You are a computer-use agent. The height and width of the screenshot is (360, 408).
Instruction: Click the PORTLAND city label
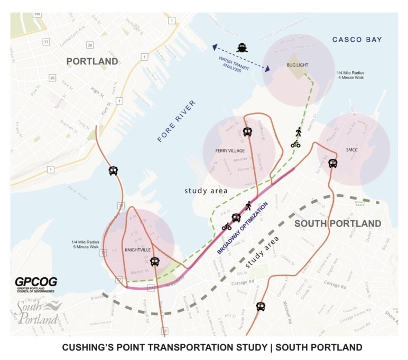tap(92, 62)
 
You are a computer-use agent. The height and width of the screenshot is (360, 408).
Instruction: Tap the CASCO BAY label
tap(357, 40)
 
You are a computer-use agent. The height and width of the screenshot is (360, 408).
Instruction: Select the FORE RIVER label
tap(177, 121)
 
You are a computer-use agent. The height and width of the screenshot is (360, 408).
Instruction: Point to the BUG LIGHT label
tap(297, 65)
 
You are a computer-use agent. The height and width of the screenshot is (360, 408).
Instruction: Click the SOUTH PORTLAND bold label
tap(337, 223)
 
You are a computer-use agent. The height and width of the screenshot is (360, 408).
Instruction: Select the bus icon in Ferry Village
tap(247, 132)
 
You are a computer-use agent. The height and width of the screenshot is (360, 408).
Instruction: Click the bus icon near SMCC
tap(332, 164)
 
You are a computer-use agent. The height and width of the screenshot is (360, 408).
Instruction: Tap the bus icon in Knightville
tap(154, 261)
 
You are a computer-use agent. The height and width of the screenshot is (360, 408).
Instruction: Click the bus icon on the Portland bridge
tap(113, 170)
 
